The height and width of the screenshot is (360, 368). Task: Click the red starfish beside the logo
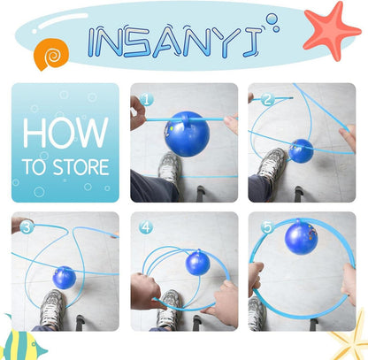[x=331, y=31]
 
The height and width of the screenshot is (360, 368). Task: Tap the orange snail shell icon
[x=51, y=54]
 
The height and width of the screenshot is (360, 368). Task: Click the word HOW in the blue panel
[x=65, y=133]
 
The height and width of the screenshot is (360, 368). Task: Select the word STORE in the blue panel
[x=80, y=167]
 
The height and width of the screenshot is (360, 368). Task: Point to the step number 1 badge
[x=147, y=100]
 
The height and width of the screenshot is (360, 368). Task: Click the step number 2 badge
[x=267, y=99]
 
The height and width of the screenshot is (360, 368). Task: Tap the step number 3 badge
[x=27, y=227]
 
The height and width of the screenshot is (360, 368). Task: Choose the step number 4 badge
[x=146, y=227]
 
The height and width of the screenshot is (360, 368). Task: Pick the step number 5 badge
[x=267, y=227]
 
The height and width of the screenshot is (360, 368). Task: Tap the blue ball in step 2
[x=301, y=151]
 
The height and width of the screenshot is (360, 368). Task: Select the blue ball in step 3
[x=65, y=278]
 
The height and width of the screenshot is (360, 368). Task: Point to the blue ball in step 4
[x=197, y=263]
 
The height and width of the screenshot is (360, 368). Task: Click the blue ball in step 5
[x=301, y=238]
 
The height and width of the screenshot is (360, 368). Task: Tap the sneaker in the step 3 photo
[x=52, y=307]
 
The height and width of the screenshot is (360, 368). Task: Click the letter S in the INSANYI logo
[x=139, y=42]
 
